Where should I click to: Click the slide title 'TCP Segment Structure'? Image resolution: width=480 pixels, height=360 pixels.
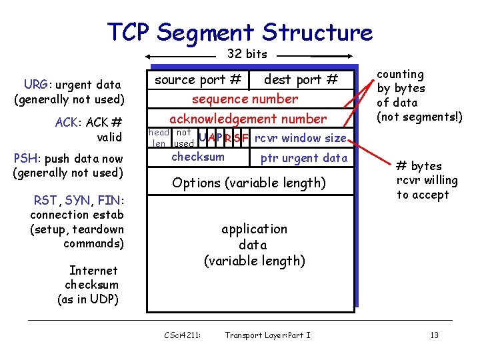point(240,32)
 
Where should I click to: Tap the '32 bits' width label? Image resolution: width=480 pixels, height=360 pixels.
point(247,54)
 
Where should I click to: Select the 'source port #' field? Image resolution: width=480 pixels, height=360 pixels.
point(198,80)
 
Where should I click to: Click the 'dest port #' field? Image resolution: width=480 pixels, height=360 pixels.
point(301,80)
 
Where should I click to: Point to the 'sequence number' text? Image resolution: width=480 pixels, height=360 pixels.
point(245,99)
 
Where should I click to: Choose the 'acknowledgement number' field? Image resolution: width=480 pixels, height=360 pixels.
point(248,119)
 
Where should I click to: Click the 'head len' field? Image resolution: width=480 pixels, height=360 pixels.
point(159,138)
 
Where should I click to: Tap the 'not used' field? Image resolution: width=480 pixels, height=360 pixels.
point(183,138)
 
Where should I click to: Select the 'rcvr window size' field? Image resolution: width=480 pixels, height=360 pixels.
point(301,139)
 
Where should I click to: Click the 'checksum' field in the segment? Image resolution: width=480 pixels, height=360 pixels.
point(198,157)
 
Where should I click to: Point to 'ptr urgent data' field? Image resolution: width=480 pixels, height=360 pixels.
point(303,158)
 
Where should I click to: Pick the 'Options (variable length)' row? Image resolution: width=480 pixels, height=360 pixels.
point(249,183)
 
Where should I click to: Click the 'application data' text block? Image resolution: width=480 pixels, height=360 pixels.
point(254,245)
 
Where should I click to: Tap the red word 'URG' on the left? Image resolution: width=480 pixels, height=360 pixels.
point(35,85)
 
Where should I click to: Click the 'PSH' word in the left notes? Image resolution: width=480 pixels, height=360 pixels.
point(25,159)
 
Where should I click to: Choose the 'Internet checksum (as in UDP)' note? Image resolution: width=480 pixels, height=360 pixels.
point(92,285)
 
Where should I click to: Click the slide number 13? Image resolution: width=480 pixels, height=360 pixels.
point(434,335)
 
